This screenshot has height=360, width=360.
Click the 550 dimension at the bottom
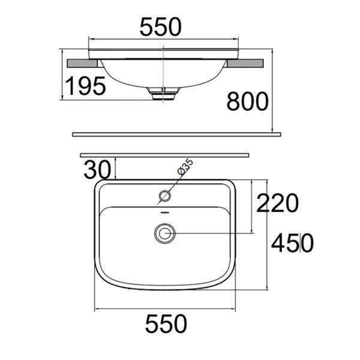coord(164,325)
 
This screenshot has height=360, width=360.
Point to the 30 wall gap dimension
coord(97,169)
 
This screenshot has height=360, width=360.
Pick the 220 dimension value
coord(277,204)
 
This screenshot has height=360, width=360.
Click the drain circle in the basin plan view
coord(164,233)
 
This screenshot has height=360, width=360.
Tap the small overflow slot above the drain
coord(164,214)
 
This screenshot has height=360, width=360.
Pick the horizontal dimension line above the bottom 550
coord(164,308)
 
